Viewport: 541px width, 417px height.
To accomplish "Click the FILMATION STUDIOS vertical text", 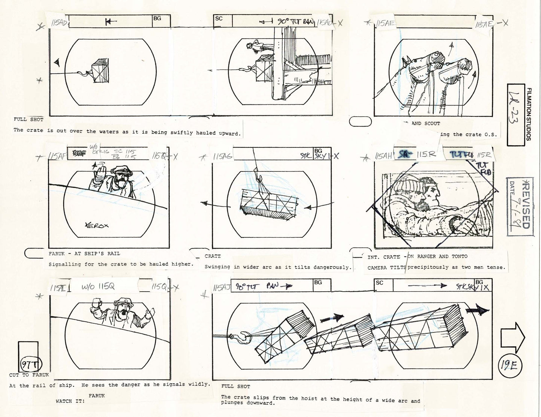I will (529, 114).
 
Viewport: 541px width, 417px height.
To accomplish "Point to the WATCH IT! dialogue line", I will (70, 401).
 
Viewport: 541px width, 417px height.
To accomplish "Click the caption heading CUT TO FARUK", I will (29, 375).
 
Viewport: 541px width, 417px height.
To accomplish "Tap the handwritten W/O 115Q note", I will (98, 287).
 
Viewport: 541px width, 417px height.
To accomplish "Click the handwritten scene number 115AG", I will (222, 156).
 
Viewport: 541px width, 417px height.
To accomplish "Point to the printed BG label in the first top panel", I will (157, 18).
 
